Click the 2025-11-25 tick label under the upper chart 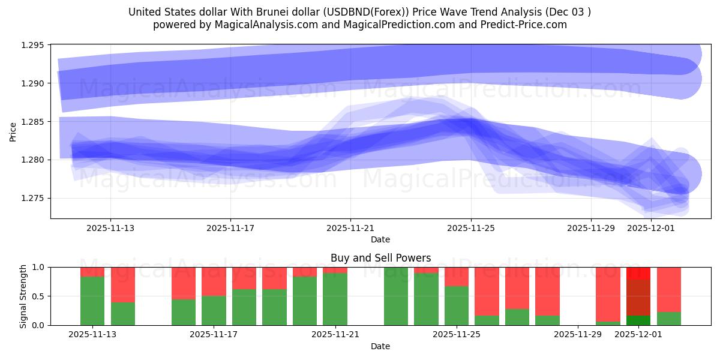(471, 228)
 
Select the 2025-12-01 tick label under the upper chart (651, 228)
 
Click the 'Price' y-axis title (13, 131)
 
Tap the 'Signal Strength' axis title (23, 296)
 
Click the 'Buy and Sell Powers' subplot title (380, 258)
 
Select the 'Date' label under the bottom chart (380, 346)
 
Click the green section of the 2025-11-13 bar (92, 300)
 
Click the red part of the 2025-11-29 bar (608, 294)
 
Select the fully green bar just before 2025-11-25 (396, 296)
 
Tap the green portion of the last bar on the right (668, 319)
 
